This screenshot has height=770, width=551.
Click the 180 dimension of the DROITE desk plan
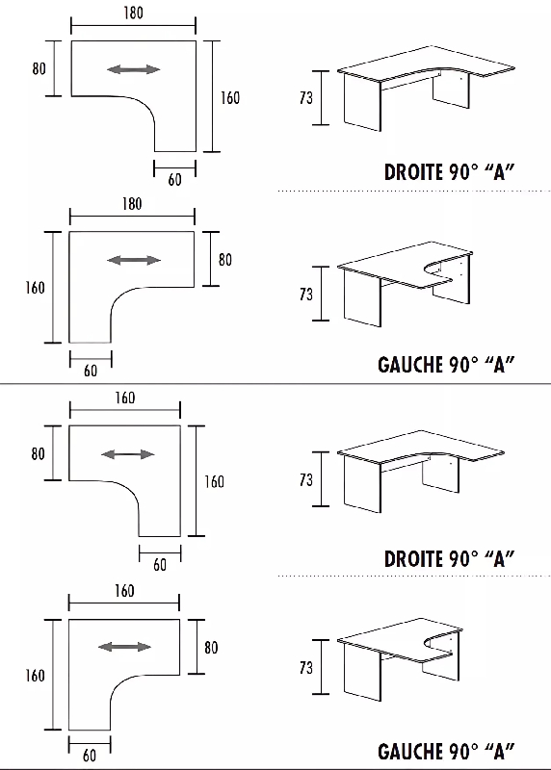tap(133, 13)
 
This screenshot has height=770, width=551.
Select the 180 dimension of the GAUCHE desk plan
tap(132, 204)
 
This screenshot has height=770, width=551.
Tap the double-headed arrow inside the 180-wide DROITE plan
tap(133, 69)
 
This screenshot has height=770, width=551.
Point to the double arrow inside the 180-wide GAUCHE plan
tap(134, 260)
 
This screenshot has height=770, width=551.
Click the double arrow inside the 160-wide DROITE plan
tap(128, 454)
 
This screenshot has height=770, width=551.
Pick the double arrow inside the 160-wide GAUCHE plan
tap(125, 647)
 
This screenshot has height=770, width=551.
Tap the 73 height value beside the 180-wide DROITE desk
tap(305, 98)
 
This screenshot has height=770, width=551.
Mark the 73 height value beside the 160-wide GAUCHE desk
tap(305, 667)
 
